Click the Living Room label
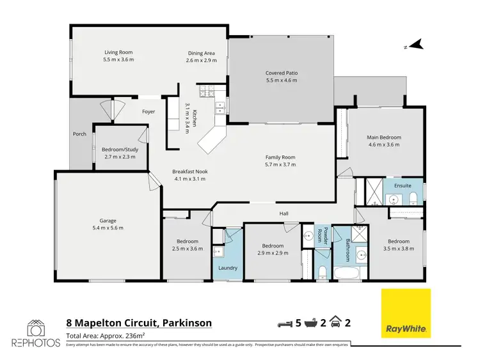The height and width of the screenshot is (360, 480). click(x=118, y=53)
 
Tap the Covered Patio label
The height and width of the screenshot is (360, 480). click(x=282, y=73)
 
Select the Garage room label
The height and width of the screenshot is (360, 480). click(x=108, y=221)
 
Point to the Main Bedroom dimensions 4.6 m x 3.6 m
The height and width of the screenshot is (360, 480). click(x=383, y=145)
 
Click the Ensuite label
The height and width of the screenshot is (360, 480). click(x=403, y=186)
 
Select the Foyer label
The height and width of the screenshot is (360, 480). click(x=148, y=112)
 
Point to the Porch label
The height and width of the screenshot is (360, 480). click(x=79, y=134)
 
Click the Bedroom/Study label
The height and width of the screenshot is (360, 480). click(x=120, y=148)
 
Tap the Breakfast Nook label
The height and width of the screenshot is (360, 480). click(x=190, y=171)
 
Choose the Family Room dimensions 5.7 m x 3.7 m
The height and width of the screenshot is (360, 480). click(x=280, y=164)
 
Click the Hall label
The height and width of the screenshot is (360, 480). click(x=284, y=214)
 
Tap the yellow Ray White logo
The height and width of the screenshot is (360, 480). click(x=406, y=313)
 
